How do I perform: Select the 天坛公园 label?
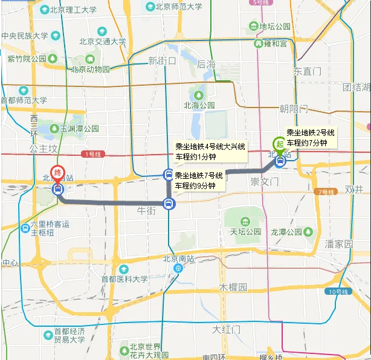click(x=245, y=231)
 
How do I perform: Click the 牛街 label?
click(x=147, y=211)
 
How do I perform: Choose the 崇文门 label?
click(x=263, y=181)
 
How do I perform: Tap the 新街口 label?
click(x=161, y=61)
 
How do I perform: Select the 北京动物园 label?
click(x=91, y=69)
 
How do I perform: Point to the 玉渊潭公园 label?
click(x=79, y=129)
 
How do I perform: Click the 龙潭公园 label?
click(x=286, y=231)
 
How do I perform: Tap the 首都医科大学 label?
click(x=124, y=279)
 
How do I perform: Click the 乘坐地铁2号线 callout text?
click(x=311, y=133)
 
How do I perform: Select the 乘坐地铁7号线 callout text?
click(x=199, y=175)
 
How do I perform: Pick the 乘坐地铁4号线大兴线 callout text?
click(x=210, y=147)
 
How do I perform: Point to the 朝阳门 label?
click(x=294, y=109)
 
